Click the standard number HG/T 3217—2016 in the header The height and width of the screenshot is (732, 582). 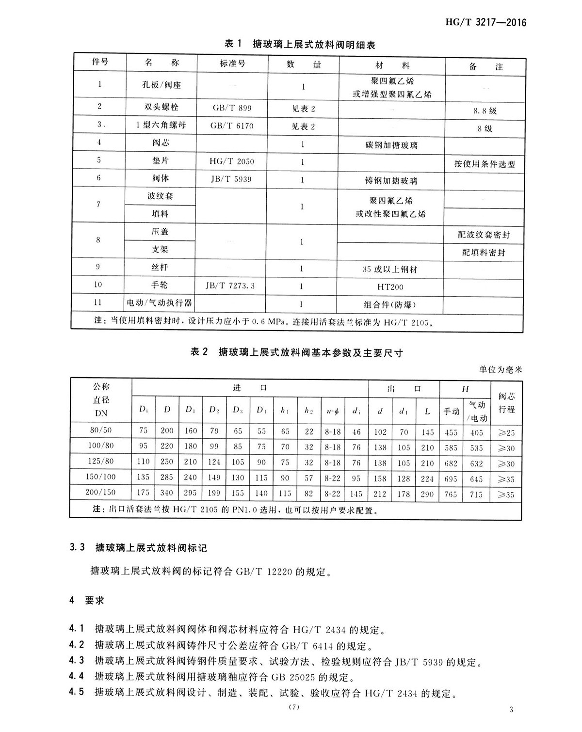485,22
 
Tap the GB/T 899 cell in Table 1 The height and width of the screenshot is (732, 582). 232,108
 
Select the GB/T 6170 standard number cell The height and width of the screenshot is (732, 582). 232,126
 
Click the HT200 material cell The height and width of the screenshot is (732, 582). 390,286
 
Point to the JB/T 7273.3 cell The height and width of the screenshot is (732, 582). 230,286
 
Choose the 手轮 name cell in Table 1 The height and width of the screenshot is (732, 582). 160,285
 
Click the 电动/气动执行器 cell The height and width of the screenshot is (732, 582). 160,303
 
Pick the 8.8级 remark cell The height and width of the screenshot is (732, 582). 485,111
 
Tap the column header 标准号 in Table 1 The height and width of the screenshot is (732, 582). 232,64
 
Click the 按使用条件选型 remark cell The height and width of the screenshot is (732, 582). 485,164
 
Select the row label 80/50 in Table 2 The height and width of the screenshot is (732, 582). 101,430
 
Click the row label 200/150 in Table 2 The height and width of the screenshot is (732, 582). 101,492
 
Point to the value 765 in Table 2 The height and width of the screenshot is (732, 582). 451,494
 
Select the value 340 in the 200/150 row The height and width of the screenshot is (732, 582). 167,493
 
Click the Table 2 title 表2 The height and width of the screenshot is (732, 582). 199,352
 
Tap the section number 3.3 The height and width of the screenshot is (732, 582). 77,547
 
